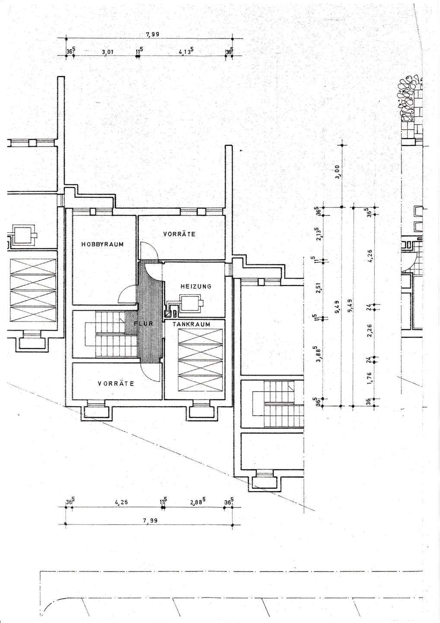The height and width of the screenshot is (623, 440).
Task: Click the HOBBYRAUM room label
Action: (x=102, y=244)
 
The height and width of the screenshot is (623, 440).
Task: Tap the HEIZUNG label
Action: (x=196, y=286)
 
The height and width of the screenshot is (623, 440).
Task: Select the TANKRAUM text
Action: (x=191, y=324)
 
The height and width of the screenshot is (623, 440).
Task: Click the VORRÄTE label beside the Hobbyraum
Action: (x=179, y=234)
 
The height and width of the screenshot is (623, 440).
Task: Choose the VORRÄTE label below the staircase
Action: (x=115, y=383)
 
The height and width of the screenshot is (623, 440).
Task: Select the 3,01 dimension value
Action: (x=107, y=53)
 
